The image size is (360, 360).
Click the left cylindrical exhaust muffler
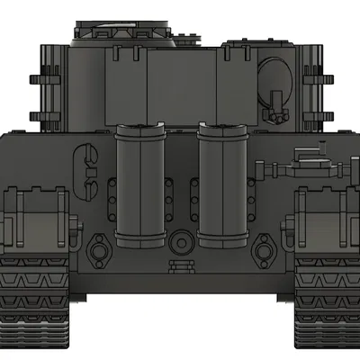click(x=140, y=188)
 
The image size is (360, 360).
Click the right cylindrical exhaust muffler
click(x=221, y=188)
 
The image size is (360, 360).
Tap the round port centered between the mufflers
click(x=181, y=241)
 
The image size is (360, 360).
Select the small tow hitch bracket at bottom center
click(x=181, y=263)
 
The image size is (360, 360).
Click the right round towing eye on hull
click(x=264, y=248)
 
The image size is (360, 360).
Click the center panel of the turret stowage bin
click(x=180, y=81)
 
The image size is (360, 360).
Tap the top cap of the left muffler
click(x=140, y=131)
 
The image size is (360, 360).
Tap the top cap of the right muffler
click(x=221, y=131)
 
